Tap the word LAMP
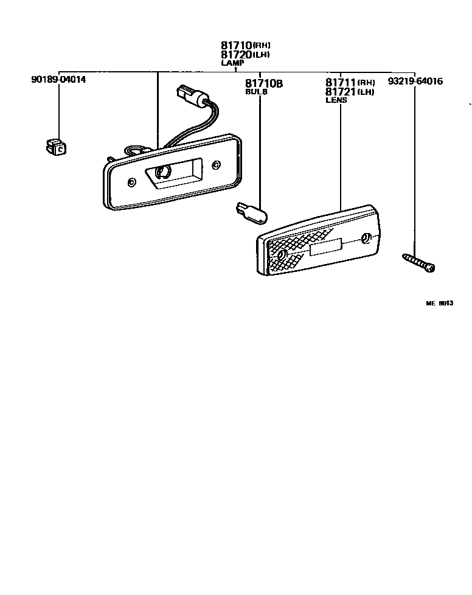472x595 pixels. (232, 63)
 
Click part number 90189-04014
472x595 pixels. (58, 80)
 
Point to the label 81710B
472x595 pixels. (264, 83)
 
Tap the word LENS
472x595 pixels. (336, 100)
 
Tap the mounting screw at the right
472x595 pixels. (420, 263)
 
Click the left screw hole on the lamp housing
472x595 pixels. (133, 181)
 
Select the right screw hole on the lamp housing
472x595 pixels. (217, 163)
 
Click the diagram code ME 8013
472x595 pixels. (439, 303)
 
